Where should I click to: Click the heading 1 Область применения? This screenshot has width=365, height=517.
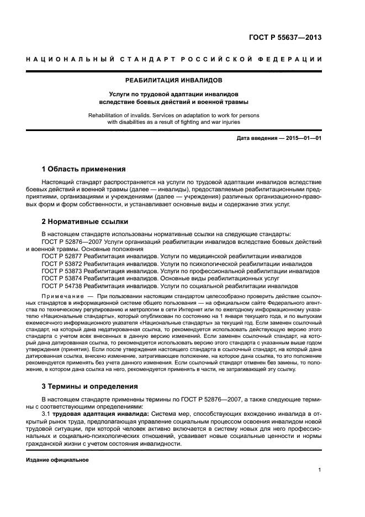pos(83,169)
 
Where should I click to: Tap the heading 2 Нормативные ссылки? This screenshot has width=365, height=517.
pos(85,222)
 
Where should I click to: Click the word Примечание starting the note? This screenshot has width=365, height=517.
pos(60,296)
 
